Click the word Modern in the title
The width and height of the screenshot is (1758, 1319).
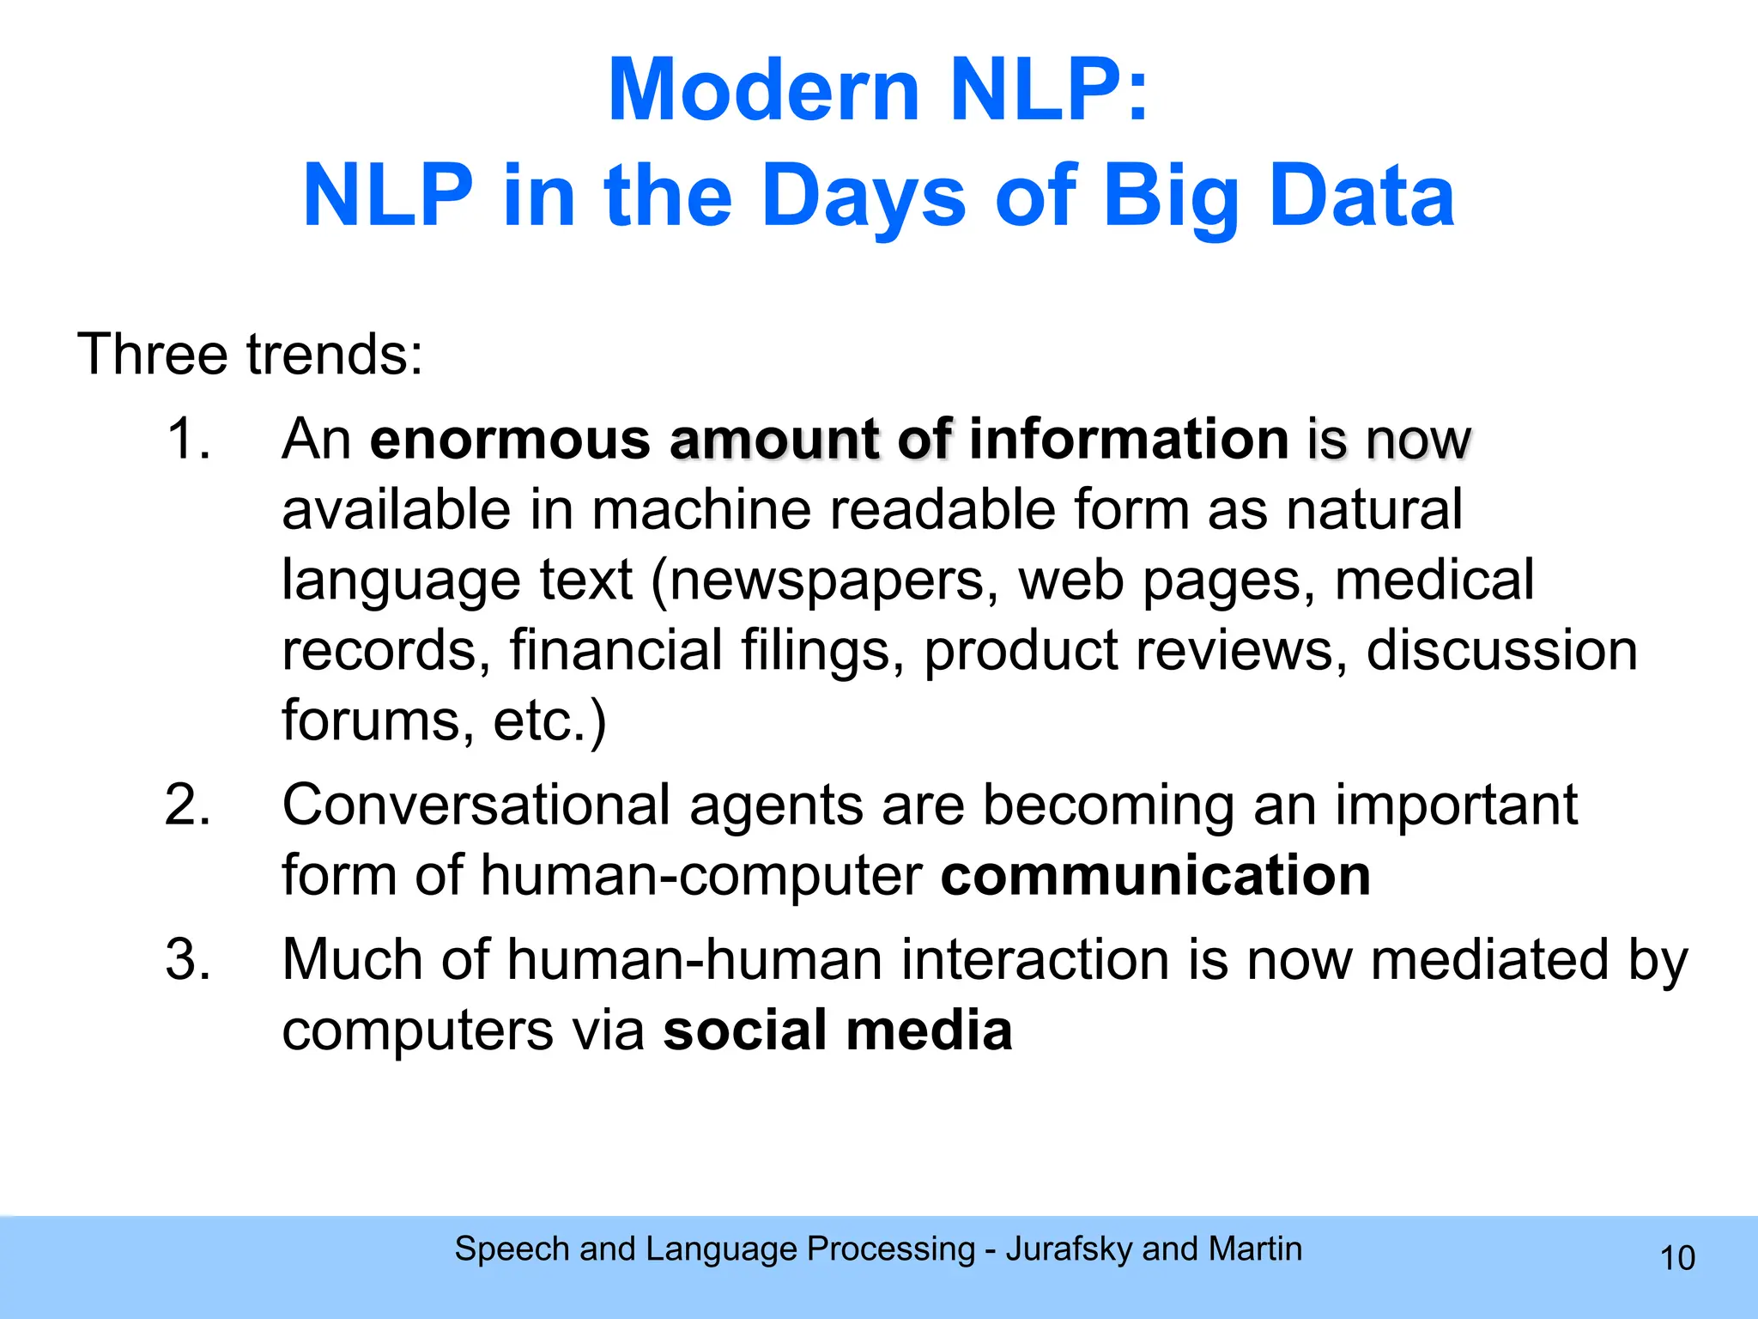(763, 90)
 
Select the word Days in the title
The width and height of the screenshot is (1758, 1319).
(864, 197)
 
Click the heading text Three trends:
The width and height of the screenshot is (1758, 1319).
(250, 354)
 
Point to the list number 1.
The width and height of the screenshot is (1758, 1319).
(188, 439)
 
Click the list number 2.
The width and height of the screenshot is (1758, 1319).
(188, 805)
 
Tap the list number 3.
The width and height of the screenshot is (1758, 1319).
(188, 959)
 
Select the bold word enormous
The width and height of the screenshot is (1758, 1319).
(510, 439)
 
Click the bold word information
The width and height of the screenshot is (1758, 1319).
(1129, 439)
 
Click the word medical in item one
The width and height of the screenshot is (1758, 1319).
(1434, 580)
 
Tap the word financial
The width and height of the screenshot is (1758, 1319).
(615, 650)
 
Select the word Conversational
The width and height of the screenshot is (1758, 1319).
(476, 805)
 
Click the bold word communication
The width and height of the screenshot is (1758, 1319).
(1155, 876)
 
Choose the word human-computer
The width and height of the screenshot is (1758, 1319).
(701, 876)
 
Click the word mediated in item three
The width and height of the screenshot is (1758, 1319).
(1489, 959)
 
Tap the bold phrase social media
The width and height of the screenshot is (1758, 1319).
(838, 1030)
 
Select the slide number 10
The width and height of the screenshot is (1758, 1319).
(1677, 1258)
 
